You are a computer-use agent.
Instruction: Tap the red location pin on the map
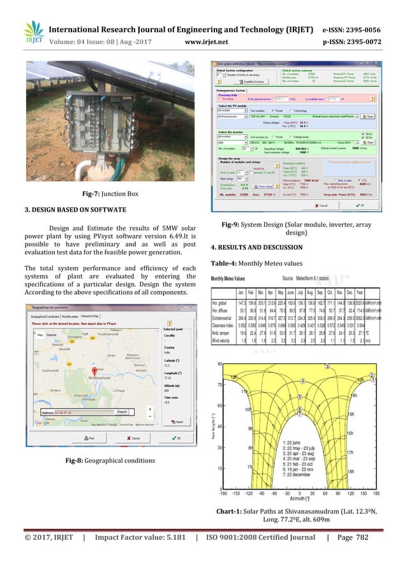pos(94,372)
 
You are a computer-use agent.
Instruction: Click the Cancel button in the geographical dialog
pos(133,438)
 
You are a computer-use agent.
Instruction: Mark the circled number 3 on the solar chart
pos(327,367)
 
